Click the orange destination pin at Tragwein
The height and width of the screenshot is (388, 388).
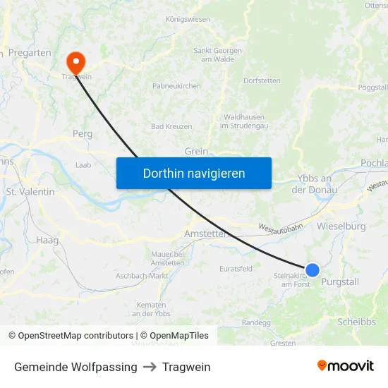[x=73, y=61]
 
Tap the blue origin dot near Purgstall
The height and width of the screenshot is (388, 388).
[x=312, y=269]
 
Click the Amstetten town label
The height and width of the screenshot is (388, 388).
[x=205, y=234]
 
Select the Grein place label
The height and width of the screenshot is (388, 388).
[x=196, y=151]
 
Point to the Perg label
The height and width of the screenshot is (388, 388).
[x=83, y=133]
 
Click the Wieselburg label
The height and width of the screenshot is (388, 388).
[x=341, y=226]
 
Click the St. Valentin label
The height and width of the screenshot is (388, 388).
[x=30, y=191]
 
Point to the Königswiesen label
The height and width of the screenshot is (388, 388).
[x=188, y=19]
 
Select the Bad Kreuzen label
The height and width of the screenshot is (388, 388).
[x=171, y=126]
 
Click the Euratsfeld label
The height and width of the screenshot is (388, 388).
[x=236, y=269]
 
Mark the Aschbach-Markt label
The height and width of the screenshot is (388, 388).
[x=142, y=276]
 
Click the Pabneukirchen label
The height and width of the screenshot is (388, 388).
[x=176, y=86]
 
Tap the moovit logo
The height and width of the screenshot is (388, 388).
[x=346, y=365]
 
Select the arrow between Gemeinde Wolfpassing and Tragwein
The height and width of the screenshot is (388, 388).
[x=150, y=367]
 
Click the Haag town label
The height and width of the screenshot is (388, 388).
[x=47, y=241]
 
